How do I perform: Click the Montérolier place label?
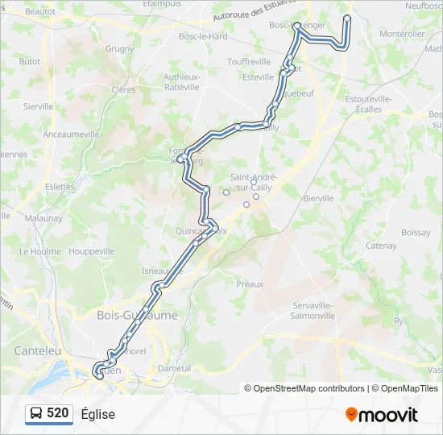tap(402, 34)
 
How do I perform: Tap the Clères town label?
tap(124, 90)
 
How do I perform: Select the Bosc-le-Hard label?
tap(203, 37)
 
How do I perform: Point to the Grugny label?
tap(119, 49)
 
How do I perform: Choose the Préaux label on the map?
tap(250, 284)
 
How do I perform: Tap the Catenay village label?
tap(381, 246)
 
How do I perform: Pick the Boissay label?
tap(416, 233)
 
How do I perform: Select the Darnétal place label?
tap(175, 368)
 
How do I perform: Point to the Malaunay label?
tap(43, 218)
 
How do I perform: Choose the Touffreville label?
tap(249, 62)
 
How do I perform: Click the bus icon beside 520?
tap(36, 414)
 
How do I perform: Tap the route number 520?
tap(58, 413)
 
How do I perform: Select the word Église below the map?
tap(98, 414)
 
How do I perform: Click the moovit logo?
tap(382, 415)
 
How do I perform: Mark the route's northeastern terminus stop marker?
tap(347, 19)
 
